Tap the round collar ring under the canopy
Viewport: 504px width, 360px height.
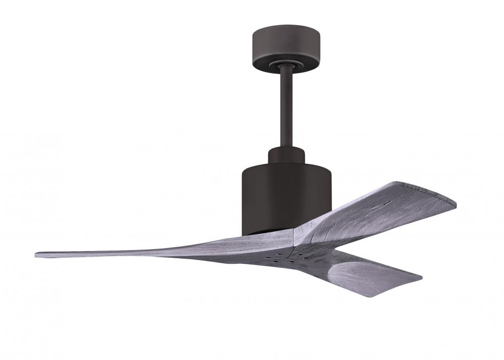[x=285, y=64]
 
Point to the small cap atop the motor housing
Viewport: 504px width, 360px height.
[x=286, y=154]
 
